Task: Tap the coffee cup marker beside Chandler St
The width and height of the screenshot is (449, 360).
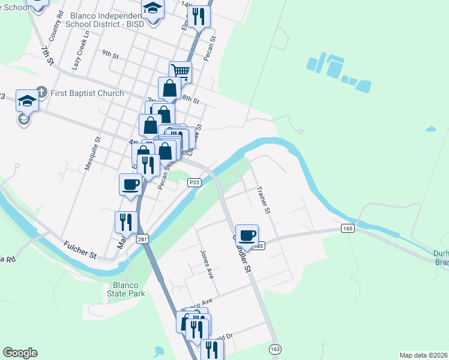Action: click(246, 235)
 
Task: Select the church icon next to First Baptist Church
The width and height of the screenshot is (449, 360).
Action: click(41, 92)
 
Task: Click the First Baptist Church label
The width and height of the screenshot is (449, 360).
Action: click(87, 93)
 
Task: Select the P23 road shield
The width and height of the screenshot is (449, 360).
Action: click(194, 182)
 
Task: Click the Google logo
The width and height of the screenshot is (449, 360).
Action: click(20, 353)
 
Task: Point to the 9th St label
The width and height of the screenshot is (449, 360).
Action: click(110, 54)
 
